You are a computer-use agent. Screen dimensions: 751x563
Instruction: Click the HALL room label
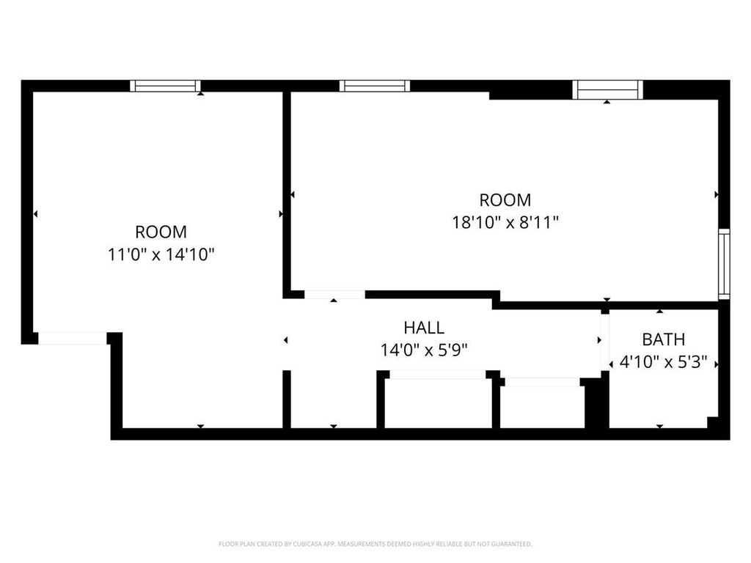(424, 328)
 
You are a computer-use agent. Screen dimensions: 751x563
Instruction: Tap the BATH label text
(663, 339)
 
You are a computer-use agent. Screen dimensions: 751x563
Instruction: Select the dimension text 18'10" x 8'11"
(506, 223)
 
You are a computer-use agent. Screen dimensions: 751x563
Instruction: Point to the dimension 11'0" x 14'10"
(161, 254)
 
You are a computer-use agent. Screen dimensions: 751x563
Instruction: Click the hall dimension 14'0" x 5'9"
(424, 350)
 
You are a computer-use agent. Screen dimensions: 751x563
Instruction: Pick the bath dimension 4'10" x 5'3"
(663, 362)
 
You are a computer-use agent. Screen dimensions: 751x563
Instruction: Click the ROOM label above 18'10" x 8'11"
(505, 199)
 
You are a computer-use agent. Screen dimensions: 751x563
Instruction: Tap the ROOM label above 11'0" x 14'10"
(161, 232)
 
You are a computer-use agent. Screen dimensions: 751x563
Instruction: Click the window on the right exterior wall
(724, 264)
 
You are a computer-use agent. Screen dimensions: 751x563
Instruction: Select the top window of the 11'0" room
(165, 86)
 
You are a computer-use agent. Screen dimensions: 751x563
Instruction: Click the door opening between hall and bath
(605, 342)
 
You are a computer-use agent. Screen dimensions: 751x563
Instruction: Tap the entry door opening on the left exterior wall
(73, 338)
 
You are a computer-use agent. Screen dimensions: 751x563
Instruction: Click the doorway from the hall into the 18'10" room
(334, 295)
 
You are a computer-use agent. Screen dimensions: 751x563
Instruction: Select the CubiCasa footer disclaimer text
(375, 544)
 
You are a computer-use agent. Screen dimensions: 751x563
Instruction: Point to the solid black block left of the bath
(597, 403)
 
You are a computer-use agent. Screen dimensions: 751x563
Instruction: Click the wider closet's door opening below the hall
(439, 375)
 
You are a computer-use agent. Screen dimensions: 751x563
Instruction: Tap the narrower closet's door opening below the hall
(543, 382)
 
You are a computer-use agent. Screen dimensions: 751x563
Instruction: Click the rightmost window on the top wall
(608, 90)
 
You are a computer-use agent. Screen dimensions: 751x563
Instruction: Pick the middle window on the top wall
(375, 86)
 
